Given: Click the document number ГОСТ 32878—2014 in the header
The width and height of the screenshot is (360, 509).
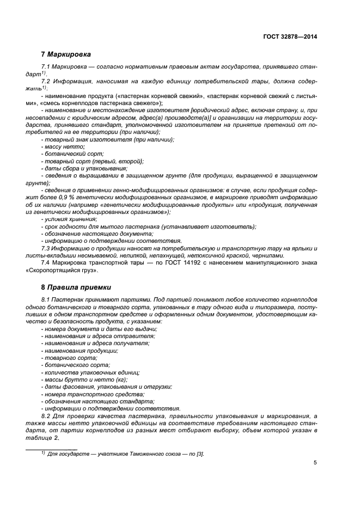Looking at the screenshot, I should (x=290, y=37).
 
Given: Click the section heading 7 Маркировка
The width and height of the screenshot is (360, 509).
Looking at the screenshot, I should (x=66, y=55).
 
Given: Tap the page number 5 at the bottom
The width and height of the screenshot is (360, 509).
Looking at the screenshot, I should (x=315, y=463).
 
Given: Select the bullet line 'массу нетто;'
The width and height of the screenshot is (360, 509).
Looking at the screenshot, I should (x=64, y=146).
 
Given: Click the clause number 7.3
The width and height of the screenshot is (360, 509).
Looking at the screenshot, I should (x=46, y=248).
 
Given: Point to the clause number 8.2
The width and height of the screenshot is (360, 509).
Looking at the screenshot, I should (x=46, y=415).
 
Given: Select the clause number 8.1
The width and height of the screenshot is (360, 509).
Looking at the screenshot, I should (x=46, y=300).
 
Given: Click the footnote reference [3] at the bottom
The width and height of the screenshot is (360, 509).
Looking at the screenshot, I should (x=200, y=453).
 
